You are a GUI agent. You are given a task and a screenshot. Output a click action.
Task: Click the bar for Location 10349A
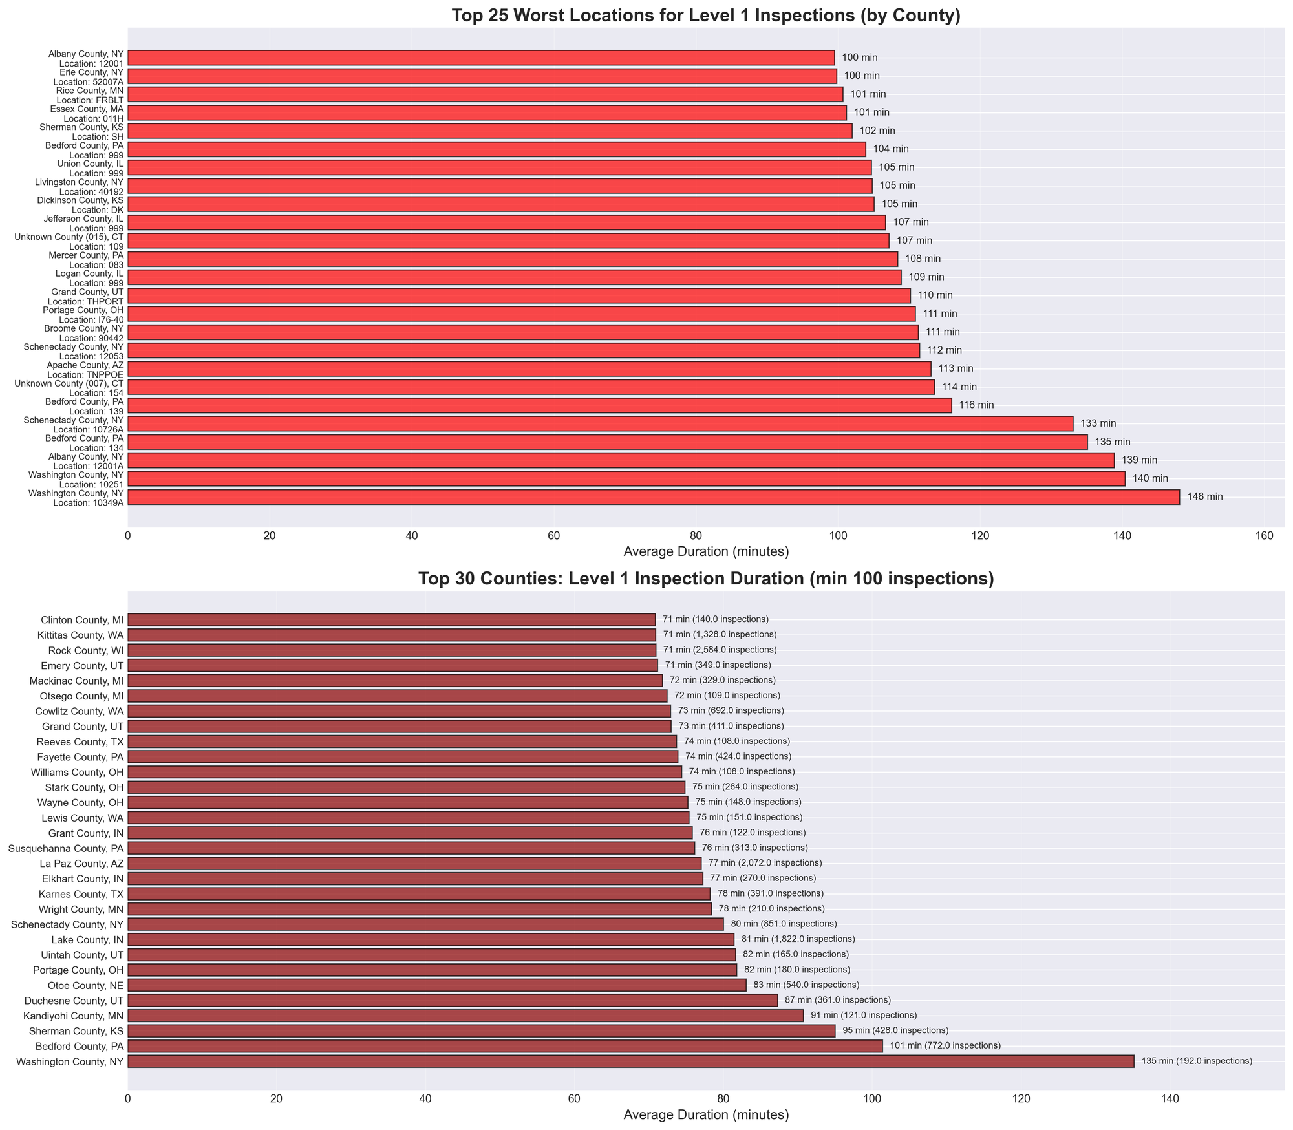[653, 497]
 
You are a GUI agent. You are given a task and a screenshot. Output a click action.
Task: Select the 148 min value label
[1204, 497]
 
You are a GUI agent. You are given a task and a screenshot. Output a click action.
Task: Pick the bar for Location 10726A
[600, 424]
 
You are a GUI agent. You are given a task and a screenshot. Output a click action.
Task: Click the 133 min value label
[1098, 424]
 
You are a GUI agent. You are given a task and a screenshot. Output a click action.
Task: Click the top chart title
[706, 16]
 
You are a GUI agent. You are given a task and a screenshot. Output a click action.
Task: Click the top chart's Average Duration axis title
[706, 552]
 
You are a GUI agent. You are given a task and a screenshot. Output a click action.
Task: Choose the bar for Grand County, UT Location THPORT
[518, 296]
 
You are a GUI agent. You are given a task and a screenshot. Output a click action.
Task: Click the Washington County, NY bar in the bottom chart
[630, 1061]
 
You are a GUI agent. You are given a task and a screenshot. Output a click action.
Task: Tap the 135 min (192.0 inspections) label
[1196, 1061]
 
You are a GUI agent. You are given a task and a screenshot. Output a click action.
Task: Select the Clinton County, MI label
[81, 620]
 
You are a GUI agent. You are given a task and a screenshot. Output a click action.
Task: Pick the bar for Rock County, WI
[391, 650]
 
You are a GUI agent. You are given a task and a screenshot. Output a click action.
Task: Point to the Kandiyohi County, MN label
[73, 1016]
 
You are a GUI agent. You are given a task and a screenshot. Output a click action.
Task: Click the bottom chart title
[706, 579]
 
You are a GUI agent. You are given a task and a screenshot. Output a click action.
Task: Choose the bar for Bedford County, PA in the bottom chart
[504, 1046]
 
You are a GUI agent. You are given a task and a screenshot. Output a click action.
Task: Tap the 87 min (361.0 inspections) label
[837, 1001]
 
